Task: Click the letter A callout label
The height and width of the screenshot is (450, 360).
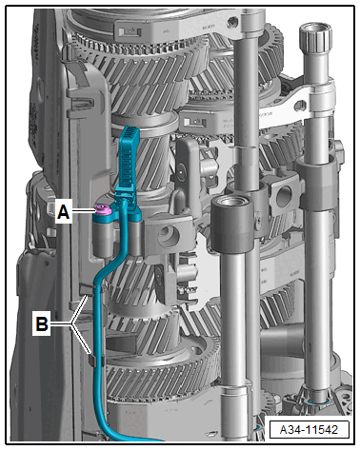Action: coord(63,211)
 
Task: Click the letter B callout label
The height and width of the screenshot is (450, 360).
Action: coord(42,323)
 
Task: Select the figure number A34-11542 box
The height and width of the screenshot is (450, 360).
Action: coord(309,430)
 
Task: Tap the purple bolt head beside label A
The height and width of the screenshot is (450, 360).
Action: coord(103,208)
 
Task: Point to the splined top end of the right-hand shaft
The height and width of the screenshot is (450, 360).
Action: coord(315,38)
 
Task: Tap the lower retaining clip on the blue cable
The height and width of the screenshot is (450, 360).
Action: coord(96,361)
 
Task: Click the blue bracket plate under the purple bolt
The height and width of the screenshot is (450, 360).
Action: coord(116,216)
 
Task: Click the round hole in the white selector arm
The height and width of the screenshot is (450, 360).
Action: coord(299,105)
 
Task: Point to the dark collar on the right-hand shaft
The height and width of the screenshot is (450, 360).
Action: coord(317,184)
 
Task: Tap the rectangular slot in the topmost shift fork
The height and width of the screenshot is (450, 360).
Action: coord(130,31)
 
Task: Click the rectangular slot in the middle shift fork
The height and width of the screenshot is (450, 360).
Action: coord(193,122)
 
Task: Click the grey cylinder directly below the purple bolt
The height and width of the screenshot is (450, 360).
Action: coord(103,238)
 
